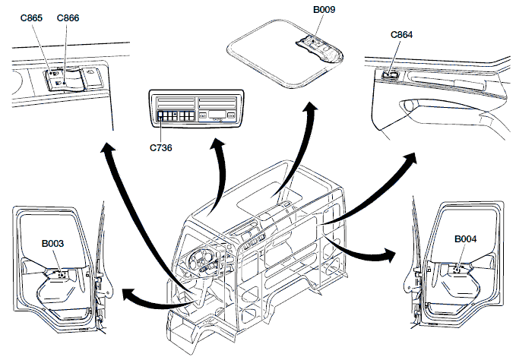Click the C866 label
68,17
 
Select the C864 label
401,35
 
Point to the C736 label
160,147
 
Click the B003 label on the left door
52,244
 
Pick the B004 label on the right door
465,239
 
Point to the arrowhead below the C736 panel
222,146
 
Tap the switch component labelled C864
391,74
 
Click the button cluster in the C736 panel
174,118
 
